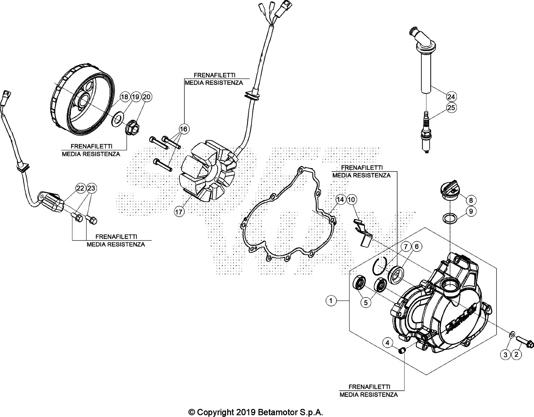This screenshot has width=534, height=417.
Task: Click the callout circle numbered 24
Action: (451, 97)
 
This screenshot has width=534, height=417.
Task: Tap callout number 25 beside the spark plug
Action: (451, 108)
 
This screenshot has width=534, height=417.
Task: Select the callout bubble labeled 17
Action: (179, 212)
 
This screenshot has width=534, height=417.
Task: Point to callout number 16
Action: (184, 129)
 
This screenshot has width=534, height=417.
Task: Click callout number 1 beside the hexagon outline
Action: (331, 301)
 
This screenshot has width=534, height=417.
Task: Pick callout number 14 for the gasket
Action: (340, 200)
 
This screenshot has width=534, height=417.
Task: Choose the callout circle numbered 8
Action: (471, 200)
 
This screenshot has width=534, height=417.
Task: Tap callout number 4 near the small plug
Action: (388, 343)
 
